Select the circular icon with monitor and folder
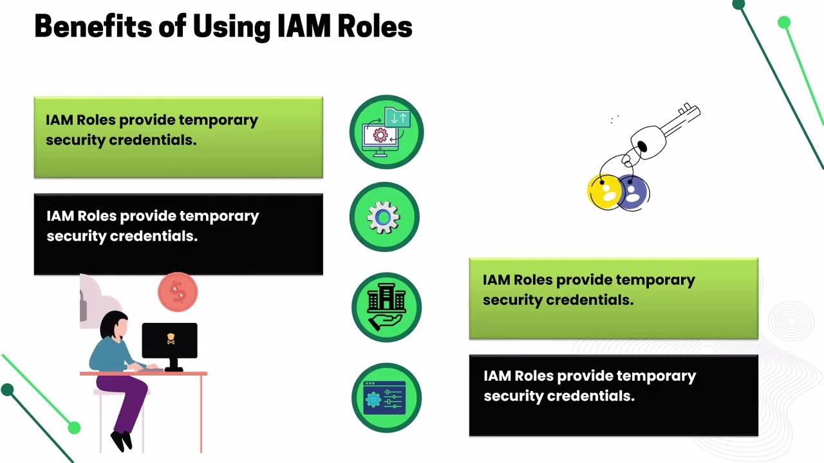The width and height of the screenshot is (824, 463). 386,132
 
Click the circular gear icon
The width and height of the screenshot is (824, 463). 384,217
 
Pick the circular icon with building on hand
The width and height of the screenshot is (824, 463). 386,307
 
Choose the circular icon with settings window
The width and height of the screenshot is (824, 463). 386,397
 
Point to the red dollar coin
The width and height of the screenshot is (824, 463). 178,293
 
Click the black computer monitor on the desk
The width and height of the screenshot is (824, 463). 169,341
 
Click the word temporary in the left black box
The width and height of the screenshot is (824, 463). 220,216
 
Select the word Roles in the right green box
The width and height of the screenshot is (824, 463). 532,280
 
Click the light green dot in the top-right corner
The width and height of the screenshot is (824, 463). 783,23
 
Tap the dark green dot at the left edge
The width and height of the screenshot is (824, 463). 8,390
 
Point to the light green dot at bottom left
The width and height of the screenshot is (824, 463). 74,428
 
